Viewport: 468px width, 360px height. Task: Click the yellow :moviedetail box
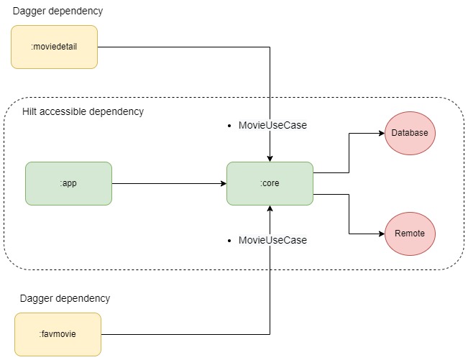[54, 47]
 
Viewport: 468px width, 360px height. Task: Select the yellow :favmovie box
[58, 334]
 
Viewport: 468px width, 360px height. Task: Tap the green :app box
[68, 183]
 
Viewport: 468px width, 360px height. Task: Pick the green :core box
[270, 183]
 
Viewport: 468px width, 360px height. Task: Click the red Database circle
[410, 133]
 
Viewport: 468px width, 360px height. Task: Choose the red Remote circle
[410, 234]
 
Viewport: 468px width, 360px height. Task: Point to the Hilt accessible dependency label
[83, 111]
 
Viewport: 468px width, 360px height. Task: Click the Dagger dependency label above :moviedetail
[57, 11]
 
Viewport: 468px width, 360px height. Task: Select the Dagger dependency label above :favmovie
[65, 297]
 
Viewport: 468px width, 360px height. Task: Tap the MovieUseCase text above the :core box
[272, 125]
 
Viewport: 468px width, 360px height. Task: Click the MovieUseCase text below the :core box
[272, 240]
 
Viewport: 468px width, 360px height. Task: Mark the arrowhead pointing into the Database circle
[381, 133]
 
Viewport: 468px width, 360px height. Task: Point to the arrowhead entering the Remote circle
[381, 234]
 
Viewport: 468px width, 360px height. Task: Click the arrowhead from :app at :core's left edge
[223, 183]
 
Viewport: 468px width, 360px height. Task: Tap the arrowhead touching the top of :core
[270, 158]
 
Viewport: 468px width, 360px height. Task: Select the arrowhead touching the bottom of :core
[270, 208]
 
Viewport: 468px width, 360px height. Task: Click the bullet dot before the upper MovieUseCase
[229, 125]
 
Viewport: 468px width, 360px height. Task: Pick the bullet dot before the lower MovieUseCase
[229, 240]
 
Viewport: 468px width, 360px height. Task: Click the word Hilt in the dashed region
[30, 111]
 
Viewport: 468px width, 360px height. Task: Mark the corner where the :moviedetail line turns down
[270, 47]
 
